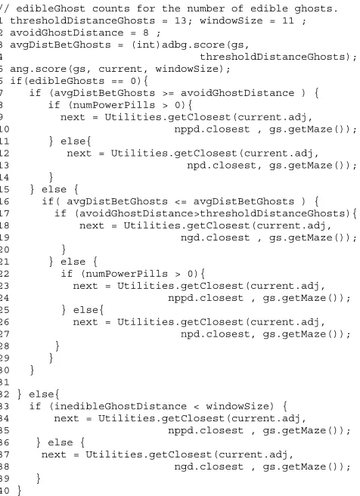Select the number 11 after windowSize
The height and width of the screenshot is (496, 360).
[x=288, y=20]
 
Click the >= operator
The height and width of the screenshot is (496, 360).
[x=168, y=93]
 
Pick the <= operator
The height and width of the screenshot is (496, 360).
[x=180, y=202]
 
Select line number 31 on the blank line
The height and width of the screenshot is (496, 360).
[x=5, y=383]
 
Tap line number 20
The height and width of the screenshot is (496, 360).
[x=5, y=250]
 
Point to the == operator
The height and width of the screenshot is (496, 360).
[x=117, y=82]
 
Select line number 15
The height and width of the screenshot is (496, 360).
[x=5, y=190]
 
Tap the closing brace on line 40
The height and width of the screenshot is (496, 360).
[x=20, y=491]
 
